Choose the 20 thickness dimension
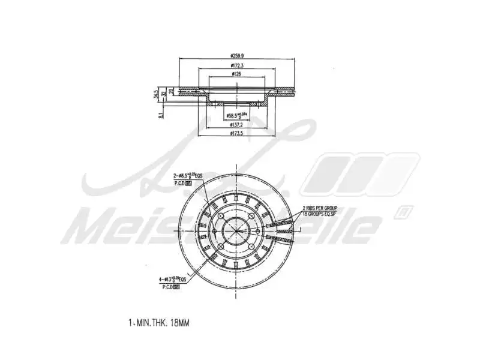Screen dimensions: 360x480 (x=172, y=91)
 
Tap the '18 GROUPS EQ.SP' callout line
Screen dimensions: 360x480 (x=319, y=212)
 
